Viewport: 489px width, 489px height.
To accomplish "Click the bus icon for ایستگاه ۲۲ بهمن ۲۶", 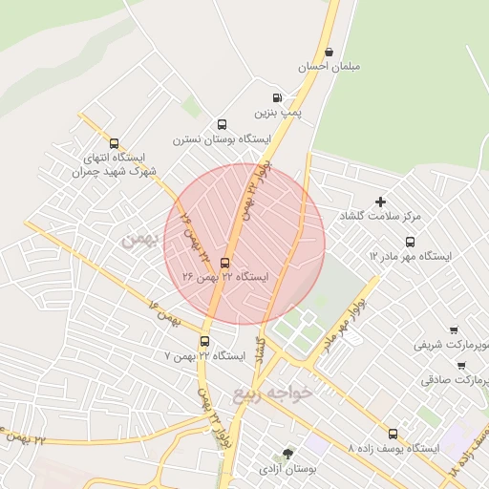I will [225, 263].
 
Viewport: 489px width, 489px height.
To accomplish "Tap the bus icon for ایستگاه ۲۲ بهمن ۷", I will [204, 341].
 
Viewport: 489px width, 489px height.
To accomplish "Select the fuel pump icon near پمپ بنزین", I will [277, 97].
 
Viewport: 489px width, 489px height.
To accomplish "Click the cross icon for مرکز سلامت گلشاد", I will [380, 202].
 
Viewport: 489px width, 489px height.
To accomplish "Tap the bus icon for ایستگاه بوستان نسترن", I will [223, 124].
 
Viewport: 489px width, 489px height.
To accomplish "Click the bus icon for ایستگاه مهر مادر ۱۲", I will [411, 242].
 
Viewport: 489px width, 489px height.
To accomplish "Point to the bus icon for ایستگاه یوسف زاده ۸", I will [393, 434].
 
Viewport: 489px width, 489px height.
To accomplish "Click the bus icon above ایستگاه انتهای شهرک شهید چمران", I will [115, 143].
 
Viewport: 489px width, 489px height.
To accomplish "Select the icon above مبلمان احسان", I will [330, 53].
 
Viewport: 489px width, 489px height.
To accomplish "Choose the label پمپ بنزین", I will [283, 113].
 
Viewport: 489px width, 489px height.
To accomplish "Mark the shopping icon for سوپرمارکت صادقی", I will [461, 365].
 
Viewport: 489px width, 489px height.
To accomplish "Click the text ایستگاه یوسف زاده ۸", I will [393, 448].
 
